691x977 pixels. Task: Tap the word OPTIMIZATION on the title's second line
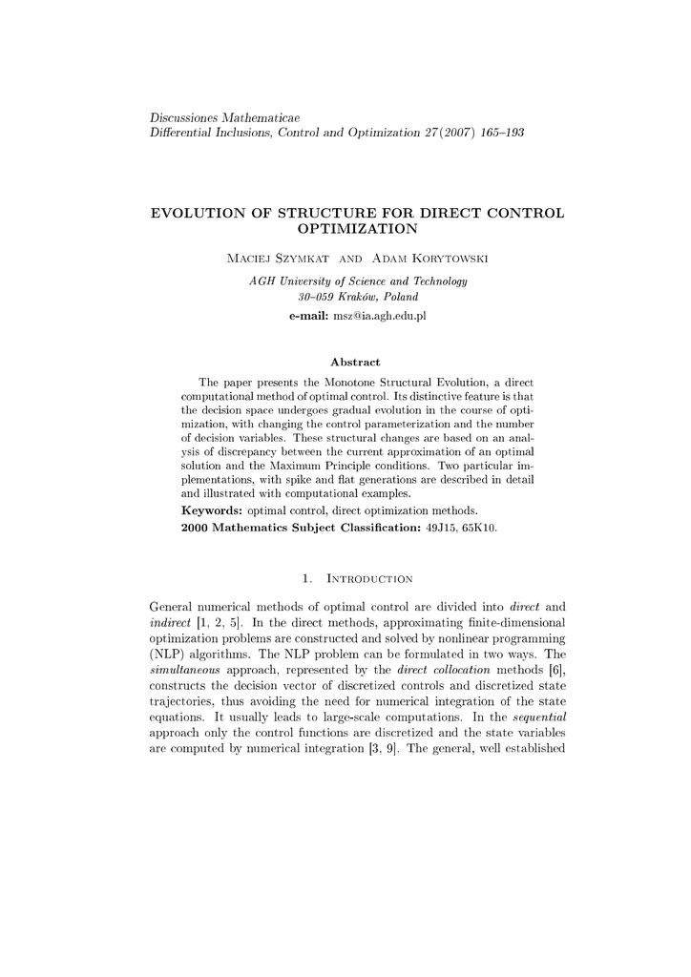pyautogui.click(x=358, y=229)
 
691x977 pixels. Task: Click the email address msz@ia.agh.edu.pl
pyautogui.click(x=378, y=315)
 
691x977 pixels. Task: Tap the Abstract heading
pyautogui.click(x=356, y=362)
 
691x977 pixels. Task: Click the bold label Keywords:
pyautogui.click(x=211, y=511)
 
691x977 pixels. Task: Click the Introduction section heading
pyautogui.click(x=369, y=578)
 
